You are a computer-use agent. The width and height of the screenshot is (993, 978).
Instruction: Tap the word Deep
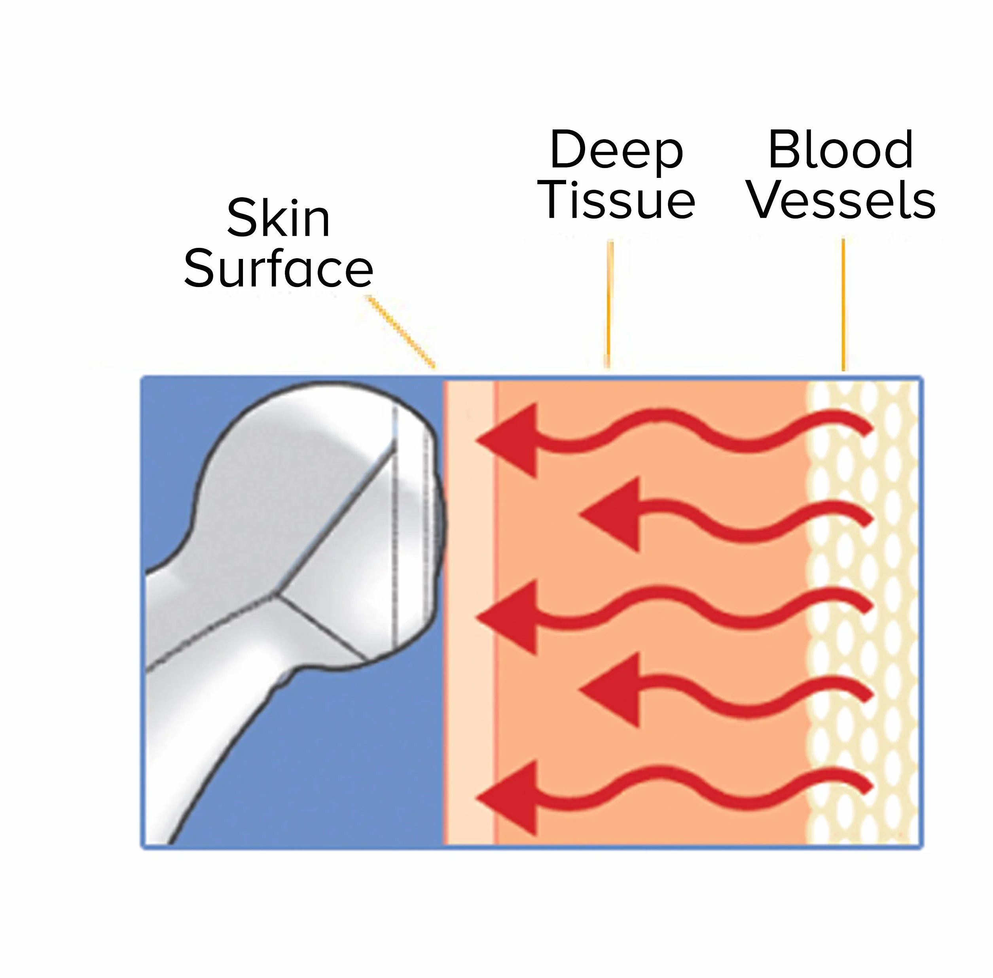[616, 151]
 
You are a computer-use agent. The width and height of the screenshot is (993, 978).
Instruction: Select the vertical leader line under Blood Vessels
[843, 305]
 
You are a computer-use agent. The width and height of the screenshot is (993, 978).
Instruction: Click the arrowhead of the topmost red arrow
[507, 440]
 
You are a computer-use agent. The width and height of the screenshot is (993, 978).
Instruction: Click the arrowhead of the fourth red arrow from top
[610, 690]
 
